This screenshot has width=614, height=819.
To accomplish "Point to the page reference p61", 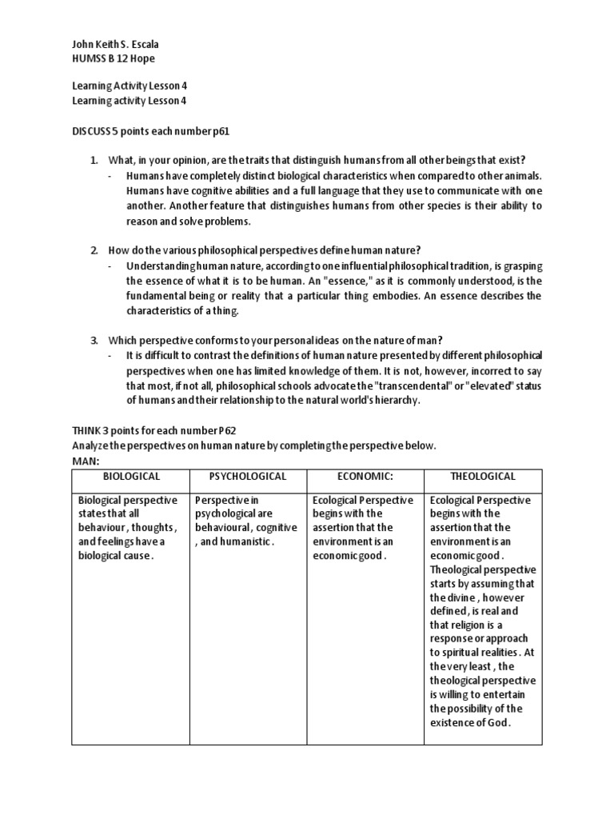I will coord(225,130).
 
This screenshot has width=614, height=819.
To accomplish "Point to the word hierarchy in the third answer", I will coord(392,400).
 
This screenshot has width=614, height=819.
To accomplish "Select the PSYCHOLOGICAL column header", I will coord(247,477).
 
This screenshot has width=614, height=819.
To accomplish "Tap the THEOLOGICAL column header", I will coord(483,477).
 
